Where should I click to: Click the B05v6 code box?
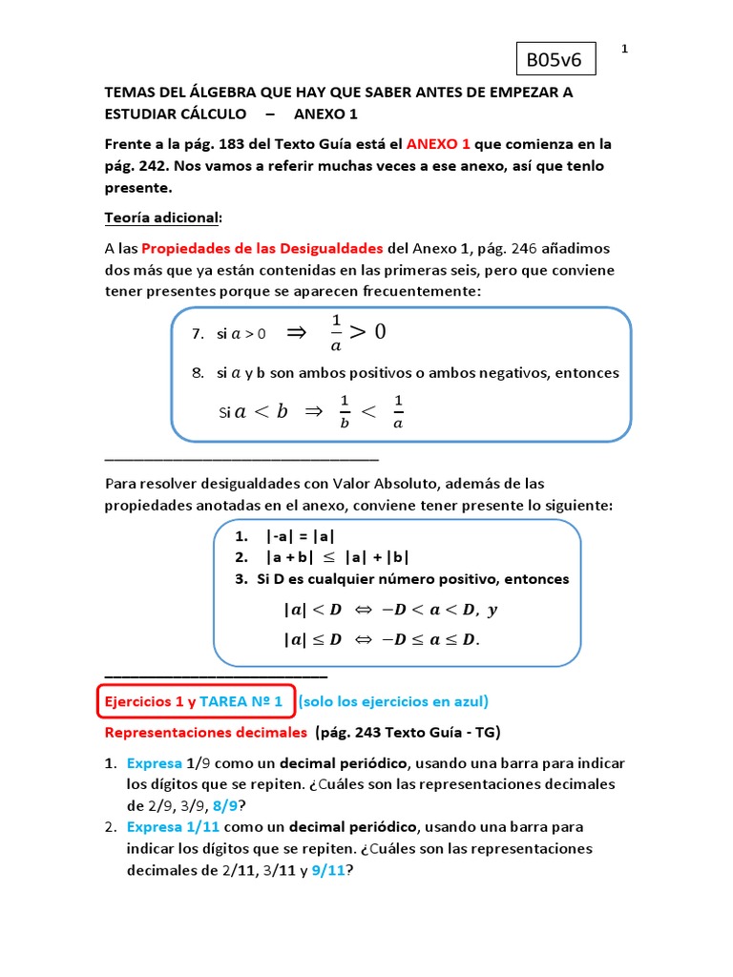pos(555,61)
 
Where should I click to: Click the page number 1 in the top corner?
pos(624,49)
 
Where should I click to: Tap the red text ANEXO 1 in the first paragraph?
pos(438,144)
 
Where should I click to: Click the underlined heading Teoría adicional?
pos(161,218)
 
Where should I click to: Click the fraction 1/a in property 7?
pos(335,333)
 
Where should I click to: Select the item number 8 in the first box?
pos(198,373)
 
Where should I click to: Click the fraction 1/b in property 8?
pos(345,411)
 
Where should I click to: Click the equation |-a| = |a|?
pos(301,536)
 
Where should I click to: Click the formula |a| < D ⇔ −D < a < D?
pos(390,610)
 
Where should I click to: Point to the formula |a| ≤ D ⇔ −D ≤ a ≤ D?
pos(382,639)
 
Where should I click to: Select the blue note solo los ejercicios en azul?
pos(393,701)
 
